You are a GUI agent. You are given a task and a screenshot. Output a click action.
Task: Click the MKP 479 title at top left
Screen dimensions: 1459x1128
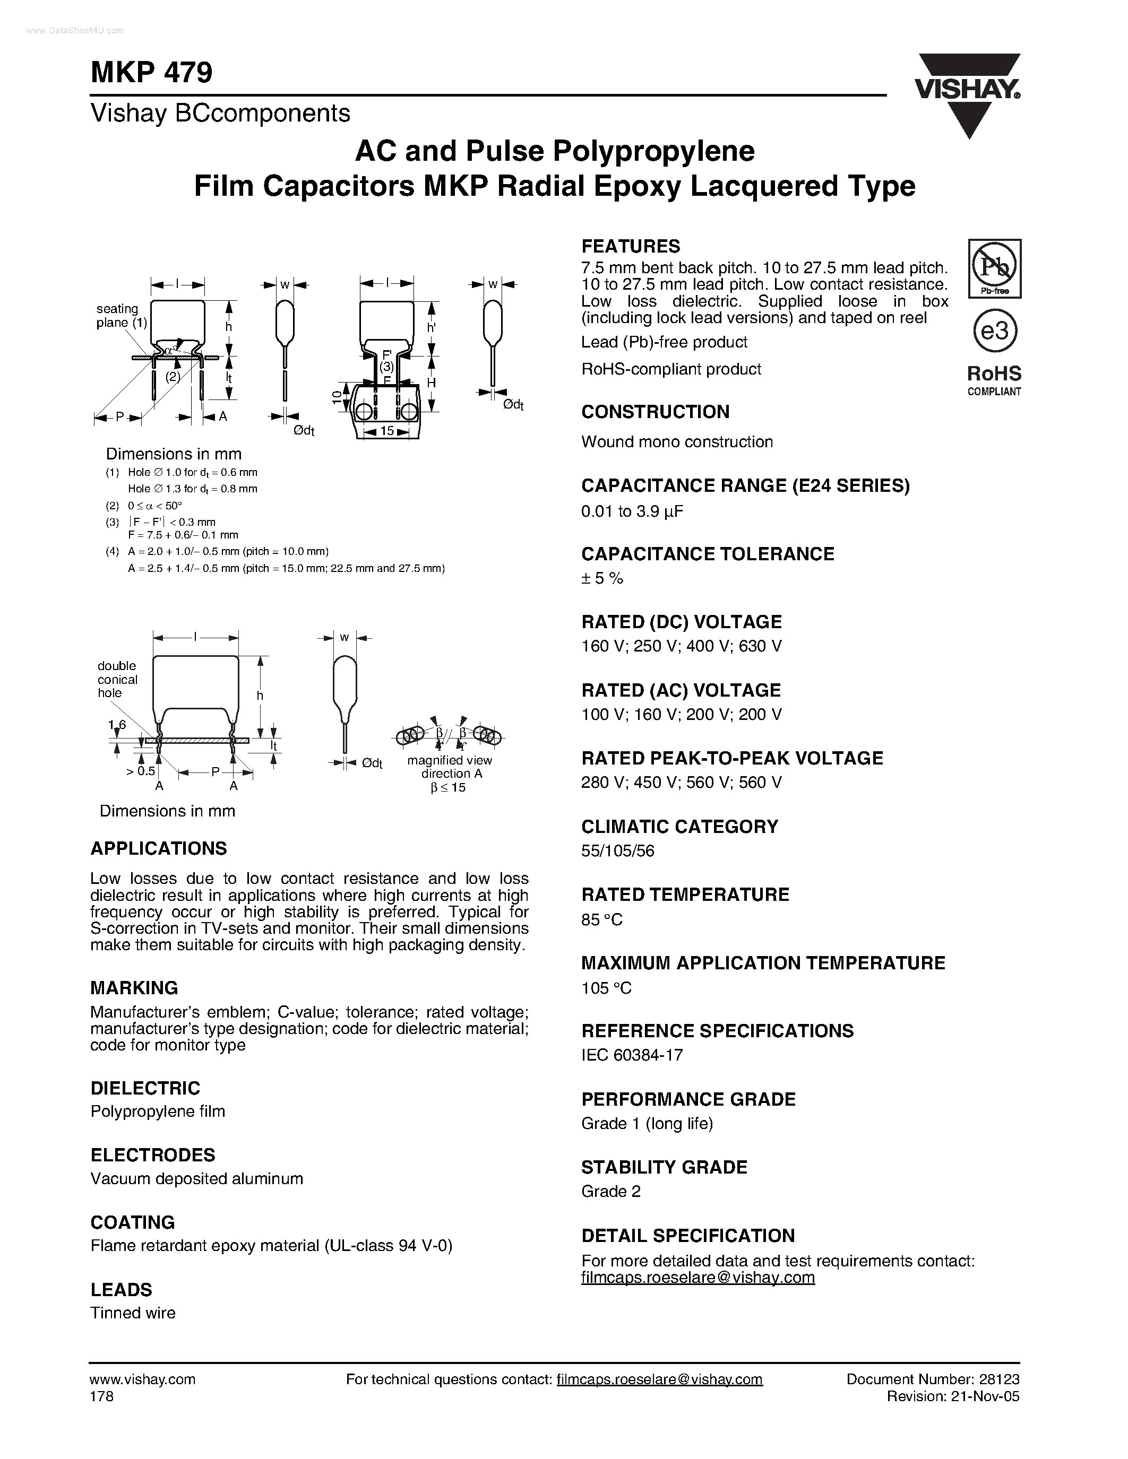click(x=151, y=72)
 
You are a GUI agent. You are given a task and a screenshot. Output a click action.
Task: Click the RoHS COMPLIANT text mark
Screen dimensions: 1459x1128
click(x=994, y=380)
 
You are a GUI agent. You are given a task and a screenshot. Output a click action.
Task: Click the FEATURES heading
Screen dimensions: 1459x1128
click(x=630, y=247)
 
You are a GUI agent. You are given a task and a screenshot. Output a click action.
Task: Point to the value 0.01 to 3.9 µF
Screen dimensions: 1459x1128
click(x=632, y=512)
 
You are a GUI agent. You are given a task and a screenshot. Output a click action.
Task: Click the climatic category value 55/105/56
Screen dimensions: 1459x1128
click(x=617, y=851)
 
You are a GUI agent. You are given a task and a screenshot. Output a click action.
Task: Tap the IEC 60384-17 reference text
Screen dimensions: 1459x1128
click(x=632, y=1055)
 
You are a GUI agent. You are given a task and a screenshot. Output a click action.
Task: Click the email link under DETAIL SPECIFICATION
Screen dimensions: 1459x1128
click(x=698, y=1278)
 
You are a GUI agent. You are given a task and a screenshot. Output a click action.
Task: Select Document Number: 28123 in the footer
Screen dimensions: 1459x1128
click(x=932, y=1379)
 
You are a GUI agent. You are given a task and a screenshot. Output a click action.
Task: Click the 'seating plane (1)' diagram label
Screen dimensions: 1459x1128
click(x=121, y=315)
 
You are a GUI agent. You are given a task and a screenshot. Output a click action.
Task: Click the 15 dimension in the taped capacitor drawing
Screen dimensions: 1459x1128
click(x=387, y=431)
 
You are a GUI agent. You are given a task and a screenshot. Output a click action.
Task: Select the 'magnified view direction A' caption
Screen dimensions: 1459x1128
click(x=449, y=767)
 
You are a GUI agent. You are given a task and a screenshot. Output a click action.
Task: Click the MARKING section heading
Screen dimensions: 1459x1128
click(x=134, y=987)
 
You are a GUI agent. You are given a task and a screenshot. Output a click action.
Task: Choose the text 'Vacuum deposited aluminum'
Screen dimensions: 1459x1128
click(x=196, y=1178)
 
